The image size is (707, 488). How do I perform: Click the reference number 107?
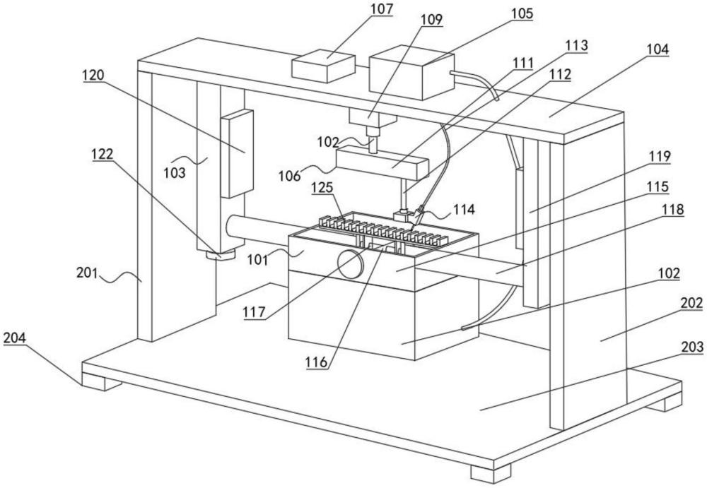382,9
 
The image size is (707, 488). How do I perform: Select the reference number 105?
522,13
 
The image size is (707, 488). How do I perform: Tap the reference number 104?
658,49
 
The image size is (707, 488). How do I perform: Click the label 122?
103,154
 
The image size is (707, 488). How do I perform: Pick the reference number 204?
15,338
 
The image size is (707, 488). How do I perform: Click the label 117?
255,312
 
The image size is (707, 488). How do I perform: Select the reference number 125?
323,187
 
